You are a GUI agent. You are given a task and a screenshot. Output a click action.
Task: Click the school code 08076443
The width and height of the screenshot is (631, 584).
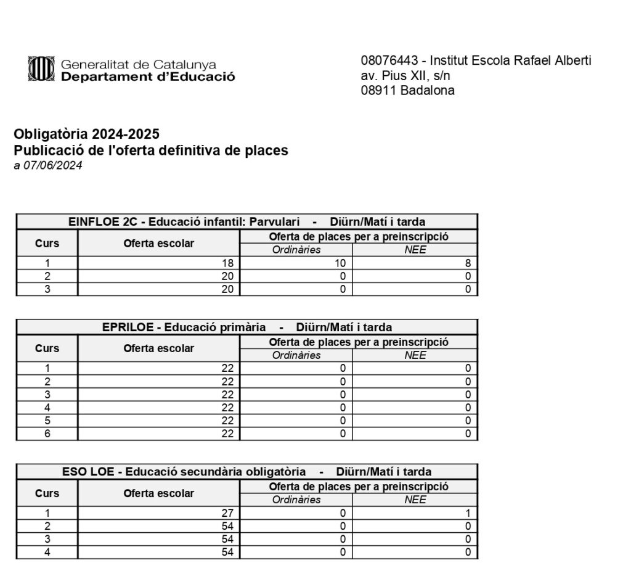pos(389,60)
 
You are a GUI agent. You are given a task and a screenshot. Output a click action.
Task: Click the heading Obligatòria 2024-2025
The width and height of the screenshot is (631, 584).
pos(86,134)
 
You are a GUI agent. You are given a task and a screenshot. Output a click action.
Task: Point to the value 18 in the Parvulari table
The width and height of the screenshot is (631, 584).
pos(227,263)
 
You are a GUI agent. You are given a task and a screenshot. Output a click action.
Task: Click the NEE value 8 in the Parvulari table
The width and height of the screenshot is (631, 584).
pos(468,263)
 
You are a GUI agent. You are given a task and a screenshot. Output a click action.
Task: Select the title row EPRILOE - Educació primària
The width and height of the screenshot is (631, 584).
pos(246,327)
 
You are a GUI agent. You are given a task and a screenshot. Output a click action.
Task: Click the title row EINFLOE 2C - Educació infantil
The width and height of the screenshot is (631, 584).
pos(246,221)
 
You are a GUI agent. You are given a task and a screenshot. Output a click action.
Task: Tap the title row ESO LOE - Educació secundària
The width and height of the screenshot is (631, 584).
pos(246,472)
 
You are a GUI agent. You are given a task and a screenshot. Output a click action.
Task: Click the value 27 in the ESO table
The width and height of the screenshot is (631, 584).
pos(227,513)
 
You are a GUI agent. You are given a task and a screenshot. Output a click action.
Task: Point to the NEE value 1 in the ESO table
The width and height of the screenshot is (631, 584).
pos(468,513)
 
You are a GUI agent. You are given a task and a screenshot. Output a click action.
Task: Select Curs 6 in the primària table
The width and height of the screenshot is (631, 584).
pos(47,434)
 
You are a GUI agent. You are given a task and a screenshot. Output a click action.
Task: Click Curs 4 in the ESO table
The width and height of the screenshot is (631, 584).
pos(47,553)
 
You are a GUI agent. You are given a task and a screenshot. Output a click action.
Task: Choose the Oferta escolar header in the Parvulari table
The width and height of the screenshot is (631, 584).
pos(158,243)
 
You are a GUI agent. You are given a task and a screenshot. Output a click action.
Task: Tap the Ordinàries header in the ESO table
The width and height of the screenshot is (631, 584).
pos(296,500)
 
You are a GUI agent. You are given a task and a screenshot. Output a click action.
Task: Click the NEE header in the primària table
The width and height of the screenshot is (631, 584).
pos(415,355)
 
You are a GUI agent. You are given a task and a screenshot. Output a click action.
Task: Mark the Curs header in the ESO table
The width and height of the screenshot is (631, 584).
pos(47,493)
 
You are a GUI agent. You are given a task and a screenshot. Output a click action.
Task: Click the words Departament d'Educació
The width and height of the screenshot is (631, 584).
pos(148,77)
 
